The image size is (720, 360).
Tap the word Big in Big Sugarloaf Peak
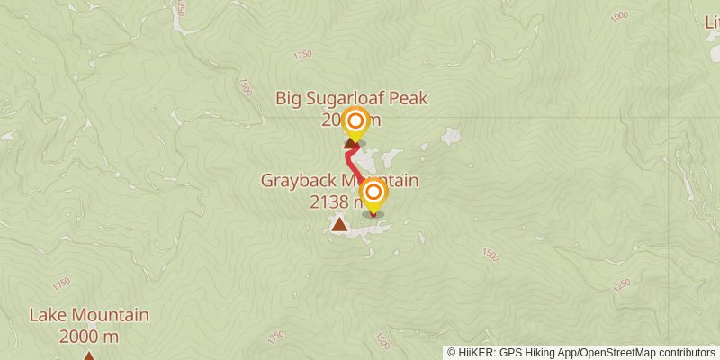point(290,98)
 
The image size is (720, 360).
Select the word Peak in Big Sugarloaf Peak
point(409,98)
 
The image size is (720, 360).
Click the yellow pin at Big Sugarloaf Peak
point(355,121)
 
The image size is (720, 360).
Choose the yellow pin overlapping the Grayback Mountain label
point(373,193)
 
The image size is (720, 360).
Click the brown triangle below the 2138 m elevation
point(339,224)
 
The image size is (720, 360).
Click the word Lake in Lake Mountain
point(46,315)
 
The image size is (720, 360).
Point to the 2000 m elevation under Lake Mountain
point(88,337)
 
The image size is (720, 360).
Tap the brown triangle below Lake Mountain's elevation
point(88,356)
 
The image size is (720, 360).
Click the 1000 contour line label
point(619,16)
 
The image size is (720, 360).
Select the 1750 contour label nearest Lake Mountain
point(61,283)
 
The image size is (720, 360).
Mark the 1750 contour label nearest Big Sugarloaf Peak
point(302,55)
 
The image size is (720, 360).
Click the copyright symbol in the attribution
point(453,353)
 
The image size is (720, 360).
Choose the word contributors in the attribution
point(685,353)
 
